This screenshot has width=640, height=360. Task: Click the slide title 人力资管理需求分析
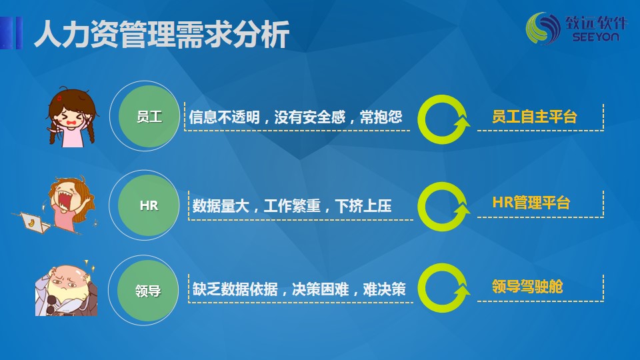click(162, 33)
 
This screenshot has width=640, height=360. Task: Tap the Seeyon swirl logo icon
click(543, 28)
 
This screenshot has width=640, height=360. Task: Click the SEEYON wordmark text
click(595, 37)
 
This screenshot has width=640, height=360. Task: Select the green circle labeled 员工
click(149, 116)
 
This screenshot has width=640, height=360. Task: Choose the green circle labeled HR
click(149, 205)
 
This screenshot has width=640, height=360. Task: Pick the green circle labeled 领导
click(148, 290)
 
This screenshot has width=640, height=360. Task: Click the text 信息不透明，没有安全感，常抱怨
click(295, 117)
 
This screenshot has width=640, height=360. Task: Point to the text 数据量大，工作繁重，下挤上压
click(292, 206)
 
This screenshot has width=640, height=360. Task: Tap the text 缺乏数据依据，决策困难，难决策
click(299, 289)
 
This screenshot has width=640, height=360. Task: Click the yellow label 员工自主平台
click(534, 117)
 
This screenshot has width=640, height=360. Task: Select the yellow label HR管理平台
click(531, 203)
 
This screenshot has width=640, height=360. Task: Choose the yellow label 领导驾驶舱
click(527, 287)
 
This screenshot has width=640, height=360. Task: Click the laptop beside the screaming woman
click(34, 223)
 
